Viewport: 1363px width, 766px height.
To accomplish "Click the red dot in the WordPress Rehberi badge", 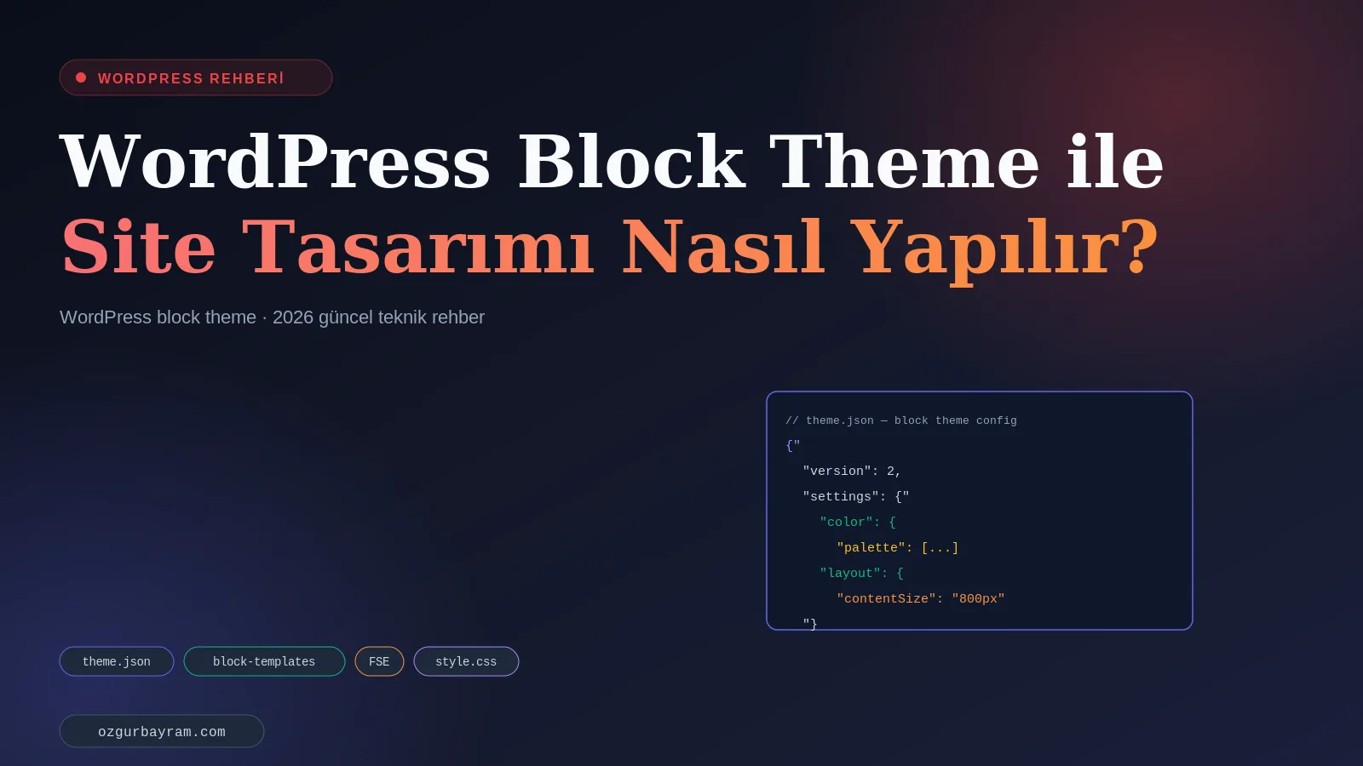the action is click(x=81, y=77).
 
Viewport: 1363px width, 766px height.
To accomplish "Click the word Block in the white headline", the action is click(x=631, y=161).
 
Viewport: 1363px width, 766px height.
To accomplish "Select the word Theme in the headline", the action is click(x=904, y=161).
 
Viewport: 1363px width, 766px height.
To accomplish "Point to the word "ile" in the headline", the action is click(x=1115, y=161).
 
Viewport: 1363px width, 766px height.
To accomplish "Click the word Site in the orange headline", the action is click(x=138, y=246).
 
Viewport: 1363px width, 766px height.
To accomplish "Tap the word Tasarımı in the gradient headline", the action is click(x=417, y=246).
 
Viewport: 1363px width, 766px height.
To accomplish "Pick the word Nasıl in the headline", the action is click(x=722, y=246).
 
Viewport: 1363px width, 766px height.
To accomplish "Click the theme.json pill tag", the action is click(x=116, y=661).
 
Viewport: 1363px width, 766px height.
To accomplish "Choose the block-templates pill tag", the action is click(x=264, y=661).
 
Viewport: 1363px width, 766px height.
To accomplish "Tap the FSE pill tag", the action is click(x=379, y=661).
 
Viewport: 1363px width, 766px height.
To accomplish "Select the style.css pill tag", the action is click(x=466, y=661).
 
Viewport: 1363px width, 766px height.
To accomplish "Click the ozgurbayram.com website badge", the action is click(x=162, y=731).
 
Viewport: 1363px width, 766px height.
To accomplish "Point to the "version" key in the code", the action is click(x=837, y=472).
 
